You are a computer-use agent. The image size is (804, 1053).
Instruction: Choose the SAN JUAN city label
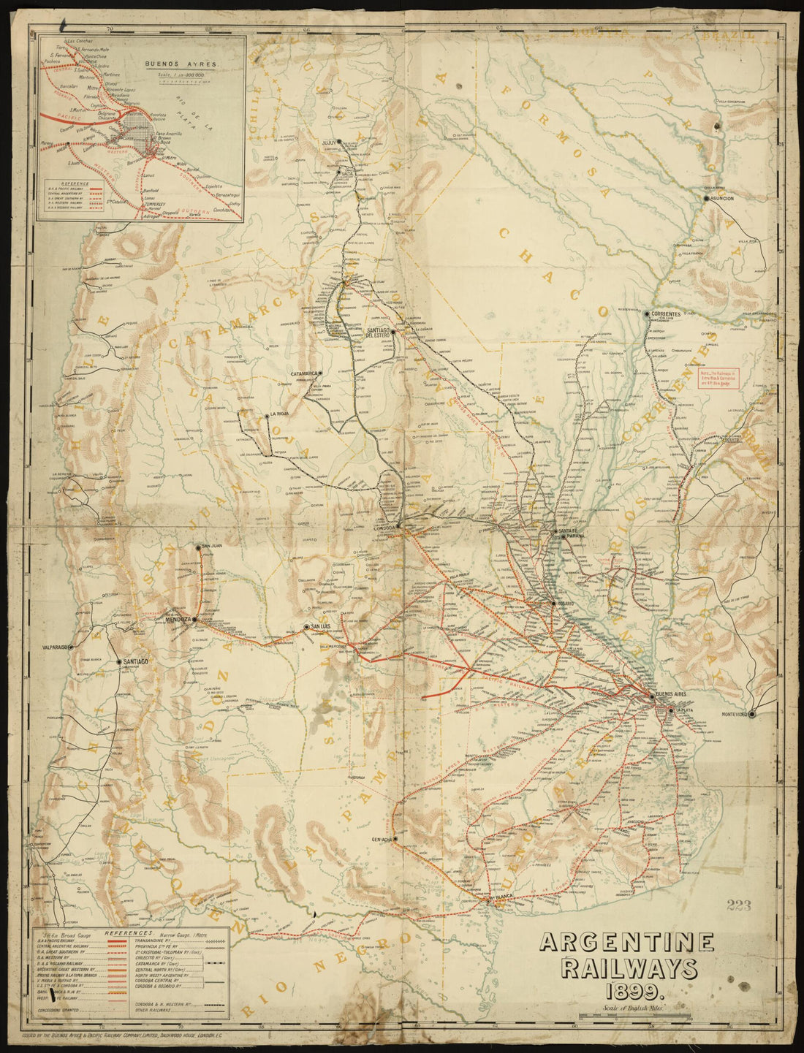click(212, 546)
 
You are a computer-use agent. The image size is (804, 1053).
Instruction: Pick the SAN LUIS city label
click(322, 627)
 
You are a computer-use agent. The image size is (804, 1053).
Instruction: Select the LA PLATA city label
click(684, 710)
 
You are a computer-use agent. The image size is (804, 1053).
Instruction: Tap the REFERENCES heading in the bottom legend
click(129, 933)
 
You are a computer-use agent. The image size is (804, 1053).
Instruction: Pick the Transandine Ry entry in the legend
click(154, 942)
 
